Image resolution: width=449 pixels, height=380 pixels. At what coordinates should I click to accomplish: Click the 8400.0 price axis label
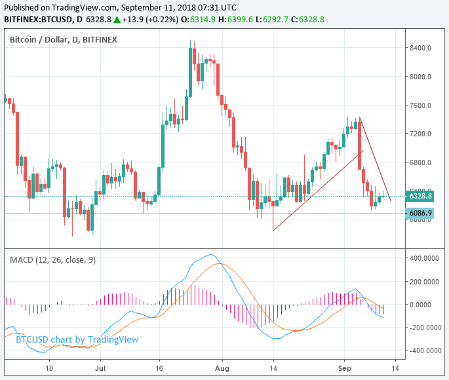click(x=421, y=48)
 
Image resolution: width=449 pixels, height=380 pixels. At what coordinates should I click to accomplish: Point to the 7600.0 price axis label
click(x=421, y=105)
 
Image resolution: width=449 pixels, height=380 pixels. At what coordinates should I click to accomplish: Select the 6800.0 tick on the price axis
click(x=421, y=162)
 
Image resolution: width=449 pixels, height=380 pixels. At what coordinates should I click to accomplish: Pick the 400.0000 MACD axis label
click(x=424, y=258)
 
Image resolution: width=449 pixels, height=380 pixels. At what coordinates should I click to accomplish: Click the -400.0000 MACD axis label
click(x=423, y=351)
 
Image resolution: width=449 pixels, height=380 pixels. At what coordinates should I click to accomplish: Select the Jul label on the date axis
click(x=100, y=369)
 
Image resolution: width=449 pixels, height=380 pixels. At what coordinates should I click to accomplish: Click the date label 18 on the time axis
click(x=49, y=369)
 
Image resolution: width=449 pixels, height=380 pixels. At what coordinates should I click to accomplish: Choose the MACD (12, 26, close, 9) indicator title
click(x=52, y=259)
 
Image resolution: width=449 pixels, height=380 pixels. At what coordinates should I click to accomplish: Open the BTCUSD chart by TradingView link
click(x=77, y=339)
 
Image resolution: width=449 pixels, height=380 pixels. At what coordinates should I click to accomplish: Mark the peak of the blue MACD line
click(x=210, y=255)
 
